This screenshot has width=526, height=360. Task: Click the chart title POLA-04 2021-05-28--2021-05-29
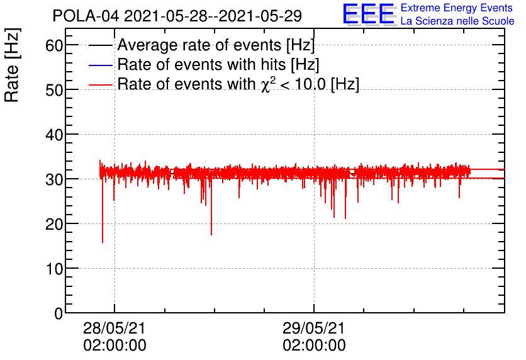(177, 15)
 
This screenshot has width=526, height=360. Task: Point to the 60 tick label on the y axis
(55, 45)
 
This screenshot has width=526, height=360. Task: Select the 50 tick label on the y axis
(55, 90)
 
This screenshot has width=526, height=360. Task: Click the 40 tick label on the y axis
(55, 135)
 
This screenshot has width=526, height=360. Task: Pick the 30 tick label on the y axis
(55, 179)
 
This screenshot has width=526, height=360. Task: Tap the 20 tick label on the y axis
(55, 224)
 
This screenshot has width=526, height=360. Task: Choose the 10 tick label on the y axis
(55, 269)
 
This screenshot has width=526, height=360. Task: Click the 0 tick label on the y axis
(59, 313)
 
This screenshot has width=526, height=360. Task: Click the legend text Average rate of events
(216, 45)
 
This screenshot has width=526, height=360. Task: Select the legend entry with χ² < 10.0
(238, 84)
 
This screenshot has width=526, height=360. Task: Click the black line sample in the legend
(101, 46)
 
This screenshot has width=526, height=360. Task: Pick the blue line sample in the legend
(101, 65)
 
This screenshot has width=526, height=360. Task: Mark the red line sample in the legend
(101, 84)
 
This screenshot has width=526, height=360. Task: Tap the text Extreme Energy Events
(457, 8)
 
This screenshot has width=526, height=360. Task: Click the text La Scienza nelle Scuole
(457, 21)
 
